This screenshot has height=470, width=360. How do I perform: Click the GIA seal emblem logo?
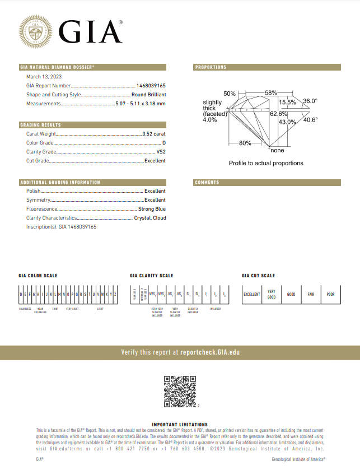(36, 30)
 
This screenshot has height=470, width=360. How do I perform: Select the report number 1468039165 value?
(151, 86)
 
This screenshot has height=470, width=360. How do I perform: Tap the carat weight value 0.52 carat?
(154, 134)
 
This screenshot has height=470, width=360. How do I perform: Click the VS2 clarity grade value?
(161, 152)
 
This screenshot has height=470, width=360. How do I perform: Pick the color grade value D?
(164, 143)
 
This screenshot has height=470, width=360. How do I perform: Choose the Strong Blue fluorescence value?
(152, 209)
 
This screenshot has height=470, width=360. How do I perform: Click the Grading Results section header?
(40, 125)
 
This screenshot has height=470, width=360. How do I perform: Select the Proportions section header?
(211, 67)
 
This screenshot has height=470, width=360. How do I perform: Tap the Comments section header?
(207, 183)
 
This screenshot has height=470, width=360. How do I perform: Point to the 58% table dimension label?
(271, 92)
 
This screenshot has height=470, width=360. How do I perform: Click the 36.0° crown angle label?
(310, 101)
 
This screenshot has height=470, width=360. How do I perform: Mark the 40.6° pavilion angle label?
(310, 119)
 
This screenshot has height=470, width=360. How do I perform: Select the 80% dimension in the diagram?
(245, 143)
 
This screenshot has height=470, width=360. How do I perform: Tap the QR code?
(180, 392)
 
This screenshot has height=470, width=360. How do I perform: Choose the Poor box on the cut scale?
(330, 294)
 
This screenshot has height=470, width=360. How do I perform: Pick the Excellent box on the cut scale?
(252, 294)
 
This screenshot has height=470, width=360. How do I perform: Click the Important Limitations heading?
(180, 425)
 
